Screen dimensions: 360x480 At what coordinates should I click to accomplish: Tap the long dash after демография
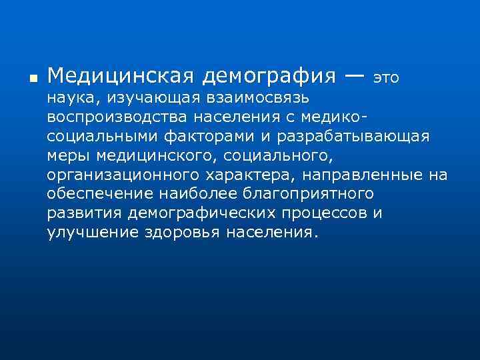[x=355, y=75]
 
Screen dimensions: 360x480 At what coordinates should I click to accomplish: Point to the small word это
[x=386, y=77]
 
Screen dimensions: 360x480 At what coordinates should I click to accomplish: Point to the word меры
[x=69, y=156]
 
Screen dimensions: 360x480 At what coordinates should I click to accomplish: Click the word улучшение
[x=93, y=232]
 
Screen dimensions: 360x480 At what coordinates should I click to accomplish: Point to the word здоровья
[x=183, y=232]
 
